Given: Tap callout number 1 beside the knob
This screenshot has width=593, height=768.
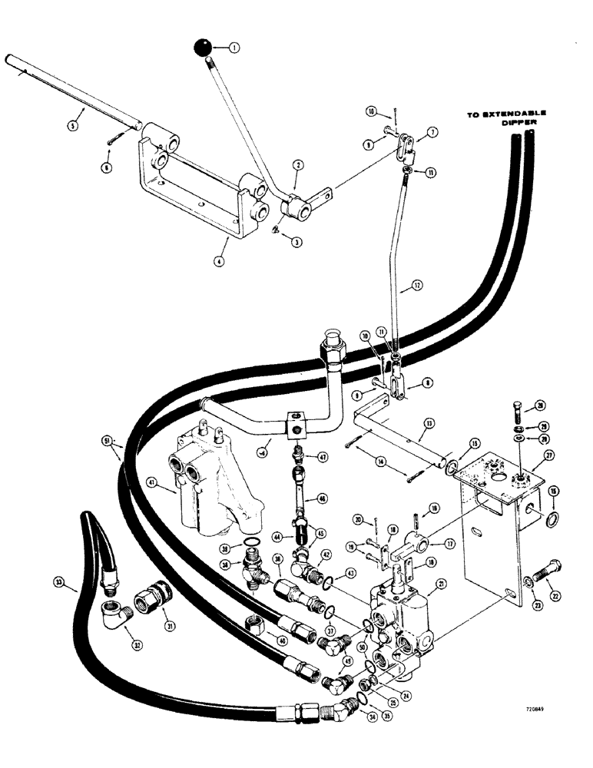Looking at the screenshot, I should point(234,47).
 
